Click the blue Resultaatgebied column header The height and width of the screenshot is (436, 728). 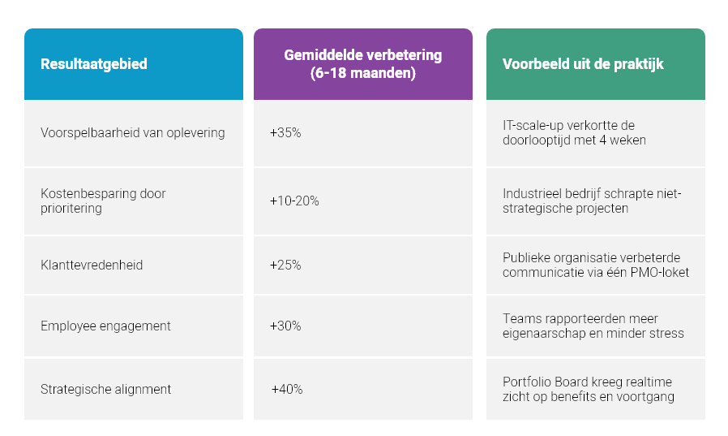click(94, 64)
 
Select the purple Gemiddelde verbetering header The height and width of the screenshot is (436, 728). click(362, 64)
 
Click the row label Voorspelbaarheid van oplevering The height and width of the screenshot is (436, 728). click(133, 132)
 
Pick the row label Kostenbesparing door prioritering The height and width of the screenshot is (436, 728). click(103, 201)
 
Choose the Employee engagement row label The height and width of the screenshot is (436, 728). click(105, 326)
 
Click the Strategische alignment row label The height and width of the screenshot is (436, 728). click(105, 389)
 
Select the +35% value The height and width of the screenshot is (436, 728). click(285, 132)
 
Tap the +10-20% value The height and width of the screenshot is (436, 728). click(294, 201)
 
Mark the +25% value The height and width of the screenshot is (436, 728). click(285, 265)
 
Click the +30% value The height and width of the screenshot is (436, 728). click(285, 326)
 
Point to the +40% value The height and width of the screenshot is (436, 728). click(286, 389)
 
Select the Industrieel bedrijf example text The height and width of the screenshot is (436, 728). click(592, 201)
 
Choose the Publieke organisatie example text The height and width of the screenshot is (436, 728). click(595, 265)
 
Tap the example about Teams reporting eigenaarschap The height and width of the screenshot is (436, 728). click(593, 326)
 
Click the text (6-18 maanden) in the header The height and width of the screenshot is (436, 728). click(362, 73)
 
